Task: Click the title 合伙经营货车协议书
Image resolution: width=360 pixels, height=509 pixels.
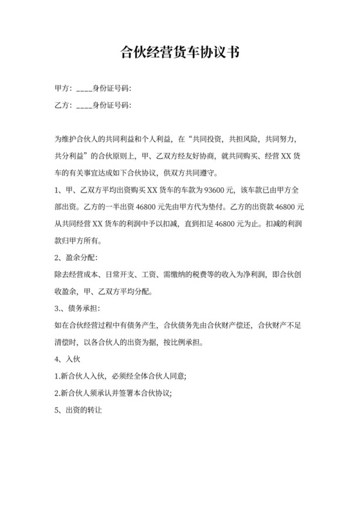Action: pos(180,52)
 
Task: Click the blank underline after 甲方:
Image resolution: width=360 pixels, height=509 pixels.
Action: pos(84,88)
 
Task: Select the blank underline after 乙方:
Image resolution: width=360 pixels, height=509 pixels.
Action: pos(84,105)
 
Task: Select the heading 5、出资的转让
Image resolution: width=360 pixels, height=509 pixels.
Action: pos(80,411)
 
